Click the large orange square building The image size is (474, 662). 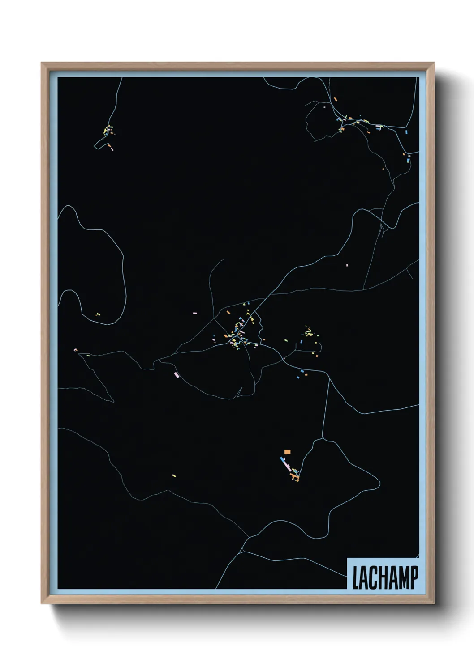tap(287, 452)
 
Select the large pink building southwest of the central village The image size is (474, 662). tap(177, 375)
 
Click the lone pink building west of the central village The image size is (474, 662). tap(194, 313)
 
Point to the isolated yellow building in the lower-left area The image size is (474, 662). tap(174, 475)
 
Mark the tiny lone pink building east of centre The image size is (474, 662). tap(347, 265)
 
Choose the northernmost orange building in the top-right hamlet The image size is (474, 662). tap(335, 98)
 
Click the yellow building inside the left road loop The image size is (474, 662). tap(97, 314)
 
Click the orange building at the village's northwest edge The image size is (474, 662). tap(228, 312)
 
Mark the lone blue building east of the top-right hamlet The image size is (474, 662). tap(406, 132)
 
